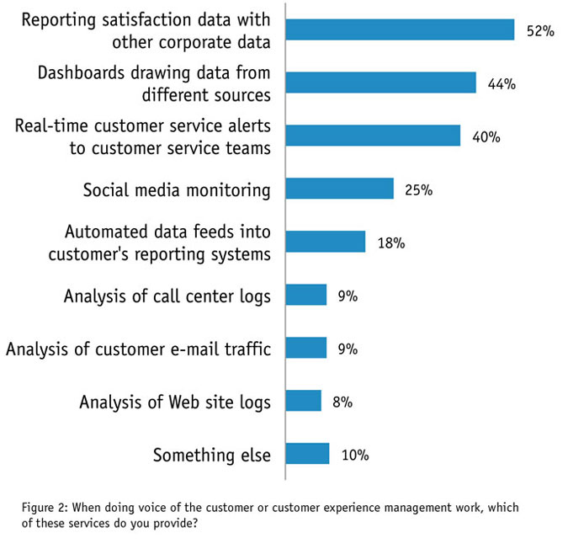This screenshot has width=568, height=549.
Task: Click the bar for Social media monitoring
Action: (340, 189)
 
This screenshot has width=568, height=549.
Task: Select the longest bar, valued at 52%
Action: (400, 30)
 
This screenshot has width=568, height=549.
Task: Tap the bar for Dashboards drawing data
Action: (380, 83)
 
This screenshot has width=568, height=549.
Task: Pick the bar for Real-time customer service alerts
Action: (373, 136)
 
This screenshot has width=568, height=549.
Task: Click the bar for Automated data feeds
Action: (326, 242)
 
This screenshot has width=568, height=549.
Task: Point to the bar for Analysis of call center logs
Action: (306, 295)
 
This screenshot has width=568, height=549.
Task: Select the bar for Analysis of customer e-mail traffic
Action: (306, 348)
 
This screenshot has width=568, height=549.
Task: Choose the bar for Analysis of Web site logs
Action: (304, 401)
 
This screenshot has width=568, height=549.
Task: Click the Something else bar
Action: (307, 454)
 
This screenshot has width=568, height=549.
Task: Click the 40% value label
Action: (486, 136)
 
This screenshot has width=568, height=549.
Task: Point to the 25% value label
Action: (418, 190)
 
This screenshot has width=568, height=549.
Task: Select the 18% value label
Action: (390, 243)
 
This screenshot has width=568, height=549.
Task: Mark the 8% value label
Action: (342, 402)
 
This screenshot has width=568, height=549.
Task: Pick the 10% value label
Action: (355, 456)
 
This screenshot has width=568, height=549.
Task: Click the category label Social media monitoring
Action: (177, 189)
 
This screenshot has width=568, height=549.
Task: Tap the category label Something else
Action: (212, 456)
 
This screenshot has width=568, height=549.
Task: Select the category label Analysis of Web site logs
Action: (175, 402)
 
